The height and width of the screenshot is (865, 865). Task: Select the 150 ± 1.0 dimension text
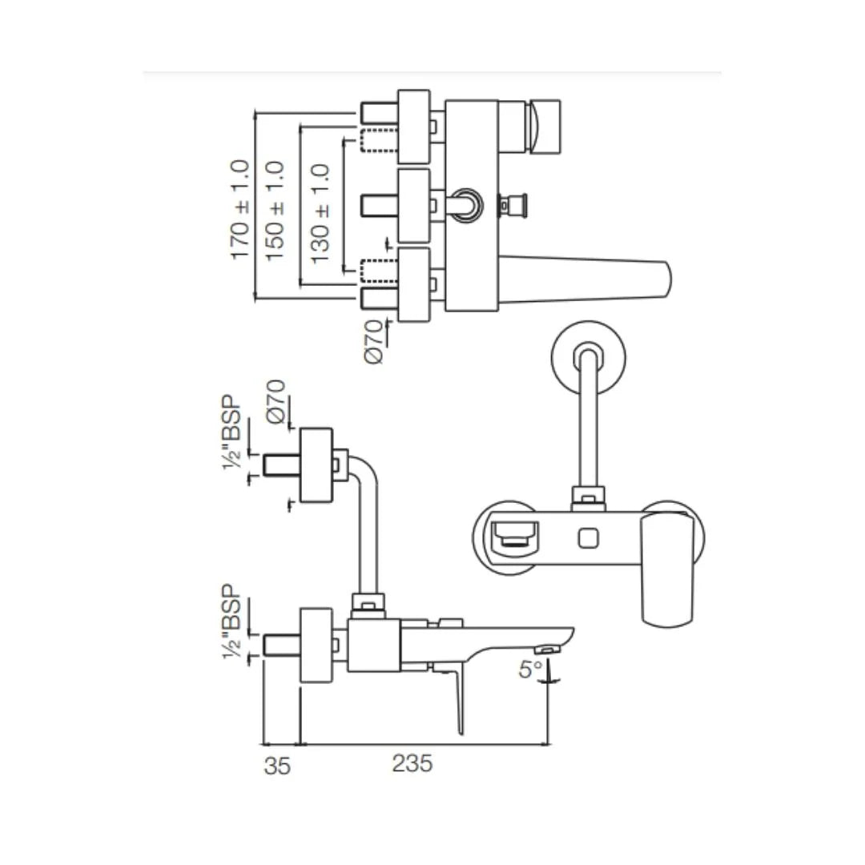pos(275,210)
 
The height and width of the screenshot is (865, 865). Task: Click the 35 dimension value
pos(277,766)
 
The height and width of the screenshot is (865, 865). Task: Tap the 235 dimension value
pos(412,763)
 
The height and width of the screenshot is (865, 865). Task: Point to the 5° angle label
pos(529,669)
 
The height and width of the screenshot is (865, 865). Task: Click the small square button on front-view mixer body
pos(589,536)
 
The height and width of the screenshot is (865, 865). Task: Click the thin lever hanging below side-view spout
pos(458,697)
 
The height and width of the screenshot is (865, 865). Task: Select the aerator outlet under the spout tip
pos(549,648)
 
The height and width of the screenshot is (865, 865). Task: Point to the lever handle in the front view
pos(668,569)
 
